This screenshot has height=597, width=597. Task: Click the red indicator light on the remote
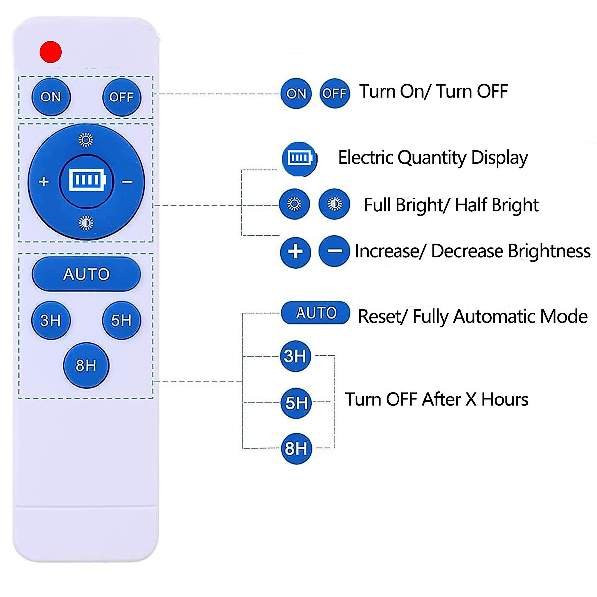click(50, 52)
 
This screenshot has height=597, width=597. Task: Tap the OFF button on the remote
click(121, 97)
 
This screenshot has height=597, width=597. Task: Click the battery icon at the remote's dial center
click(87, 180)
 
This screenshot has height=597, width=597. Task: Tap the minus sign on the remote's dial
click(127, 182)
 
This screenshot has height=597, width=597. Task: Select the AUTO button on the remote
click(86, 274)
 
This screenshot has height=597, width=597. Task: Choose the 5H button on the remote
click(121, 320)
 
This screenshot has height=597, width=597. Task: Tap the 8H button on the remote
click(86, 366)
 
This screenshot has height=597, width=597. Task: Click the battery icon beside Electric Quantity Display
click(299, 159)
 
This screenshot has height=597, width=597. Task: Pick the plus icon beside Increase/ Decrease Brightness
click(296, 252)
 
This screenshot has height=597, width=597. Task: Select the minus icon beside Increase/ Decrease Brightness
click(334, 252)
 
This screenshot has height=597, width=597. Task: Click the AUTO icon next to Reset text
click(316, 313)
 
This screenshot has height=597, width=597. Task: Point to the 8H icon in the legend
click(296, 449)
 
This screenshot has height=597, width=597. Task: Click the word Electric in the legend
click(366, 158)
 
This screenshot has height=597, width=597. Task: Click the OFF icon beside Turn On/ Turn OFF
click(334, 93)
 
